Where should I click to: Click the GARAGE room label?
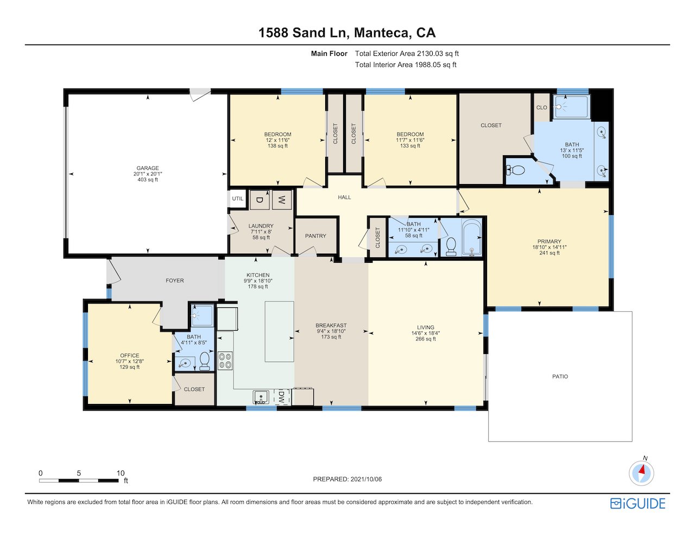148,168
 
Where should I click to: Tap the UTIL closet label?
237,199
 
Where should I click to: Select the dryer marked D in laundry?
259,200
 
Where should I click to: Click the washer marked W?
282,200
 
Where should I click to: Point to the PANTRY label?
315,236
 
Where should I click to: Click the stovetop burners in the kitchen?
225,361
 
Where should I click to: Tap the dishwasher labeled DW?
282,397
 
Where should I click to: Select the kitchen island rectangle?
279,331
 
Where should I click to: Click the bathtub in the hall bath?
471,237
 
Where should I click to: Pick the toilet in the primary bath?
516,170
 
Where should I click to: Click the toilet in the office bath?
204,361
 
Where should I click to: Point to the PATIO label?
560,376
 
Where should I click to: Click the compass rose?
641,473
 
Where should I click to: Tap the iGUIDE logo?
638,504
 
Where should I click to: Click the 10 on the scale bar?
120,473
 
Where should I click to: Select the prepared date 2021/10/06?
366,479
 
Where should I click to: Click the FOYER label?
175,281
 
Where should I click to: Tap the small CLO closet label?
541,108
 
